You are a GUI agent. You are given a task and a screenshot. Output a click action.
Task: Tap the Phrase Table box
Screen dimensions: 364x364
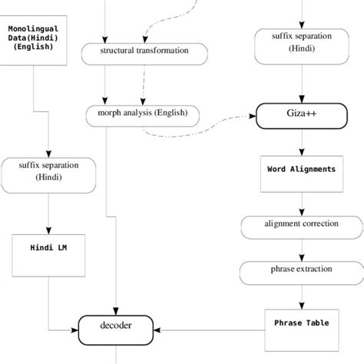(300, 323)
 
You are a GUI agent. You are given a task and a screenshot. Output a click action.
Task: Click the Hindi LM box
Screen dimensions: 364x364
(48, 249)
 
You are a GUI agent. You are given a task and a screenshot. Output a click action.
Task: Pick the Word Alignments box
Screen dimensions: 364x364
(300, 169)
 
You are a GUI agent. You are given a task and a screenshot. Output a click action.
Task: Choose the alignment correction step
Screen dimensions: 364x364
(300, 226)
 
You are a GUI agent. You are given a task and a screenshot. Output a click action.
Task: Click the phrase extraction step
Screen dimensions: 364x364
(300, 271)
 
